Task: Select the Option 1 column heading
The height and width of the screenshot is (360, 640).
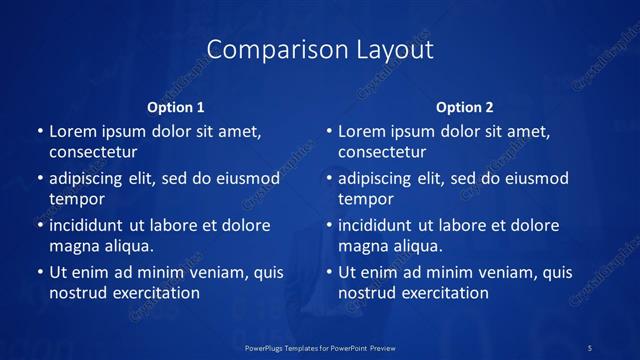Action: click(176, 107)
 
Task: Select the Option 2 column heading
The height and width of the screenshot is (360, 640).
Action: click(465, 107)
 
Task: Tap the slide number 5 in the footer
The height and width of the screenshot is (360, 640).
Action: click(591, 346)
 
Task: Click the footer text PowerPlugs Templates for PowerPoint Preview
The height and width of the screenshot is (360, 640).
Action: click(321, 346)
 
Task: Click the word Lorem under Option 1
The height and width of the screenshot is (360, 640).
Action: click(73, 131)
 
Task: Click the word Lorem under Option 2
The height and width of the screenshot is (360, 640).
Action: click(362, 131)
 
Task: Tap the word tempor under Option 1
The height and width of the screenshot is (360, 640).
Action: click(77, 200)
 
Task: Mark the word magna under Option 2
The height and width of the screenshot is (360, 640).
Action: click(363, 246)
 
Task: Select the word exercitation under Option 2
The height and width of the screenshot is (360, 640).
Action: click(444, 293)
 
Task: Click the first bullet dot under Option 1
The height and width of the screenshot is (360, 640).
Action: click(39, 131)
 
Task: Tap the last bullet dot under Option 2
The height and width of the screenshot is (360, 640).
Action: click(328, 272)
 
